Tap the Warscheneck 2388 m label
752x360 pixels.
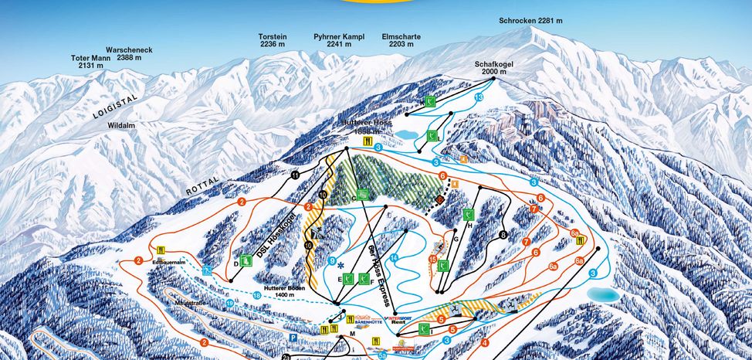[x=134, y=54]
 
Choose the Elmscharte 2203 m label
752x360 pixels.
[x=401, y=40]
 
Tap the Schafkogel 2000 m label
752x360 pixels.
[x=493, y=68]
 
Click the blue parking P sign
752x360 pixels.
[x=293, y=338]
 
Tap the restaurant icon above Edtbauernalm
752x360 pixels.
[x=161, y=250]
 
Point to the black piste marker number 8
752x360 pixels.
[x=503, y=235]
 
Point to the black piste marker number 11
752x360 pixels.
[x=295, y=175]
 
